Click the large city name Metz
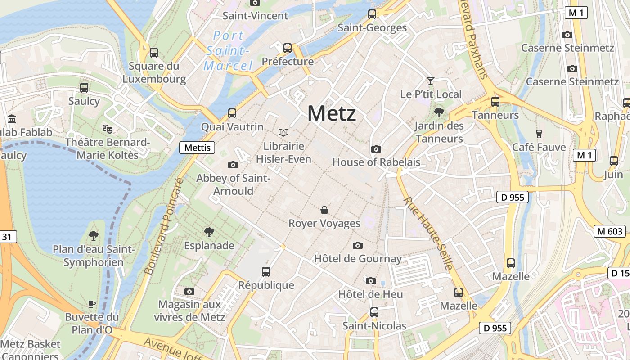pos(332,113)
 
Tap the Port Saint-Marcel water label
pos(229,50)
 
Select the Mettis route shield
pos(197,147)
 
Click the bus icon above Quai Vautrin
pos(232,113)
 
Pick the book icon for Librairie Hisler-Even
pos(283,132)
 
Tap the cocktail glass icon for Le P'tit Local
pos(431,81)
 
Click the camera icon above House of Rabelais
pos(376,149)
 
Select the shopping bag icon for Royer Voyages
pos(324,210)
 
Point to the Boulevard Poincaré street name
pos(165,226)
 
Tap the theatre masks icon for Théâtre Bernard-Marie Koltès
pos(107,129)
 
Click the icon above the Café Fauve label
pos(539,134)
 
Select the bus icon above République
pos(266,271)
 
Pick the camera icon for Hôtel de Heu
pos(370,281)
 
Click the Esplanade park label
pos(209,246)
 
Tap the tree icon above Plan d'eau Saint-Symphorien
pos(94,235)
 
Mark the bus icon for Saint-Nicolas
pos(374,312)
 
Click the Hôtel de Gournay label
pos(358,259)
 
